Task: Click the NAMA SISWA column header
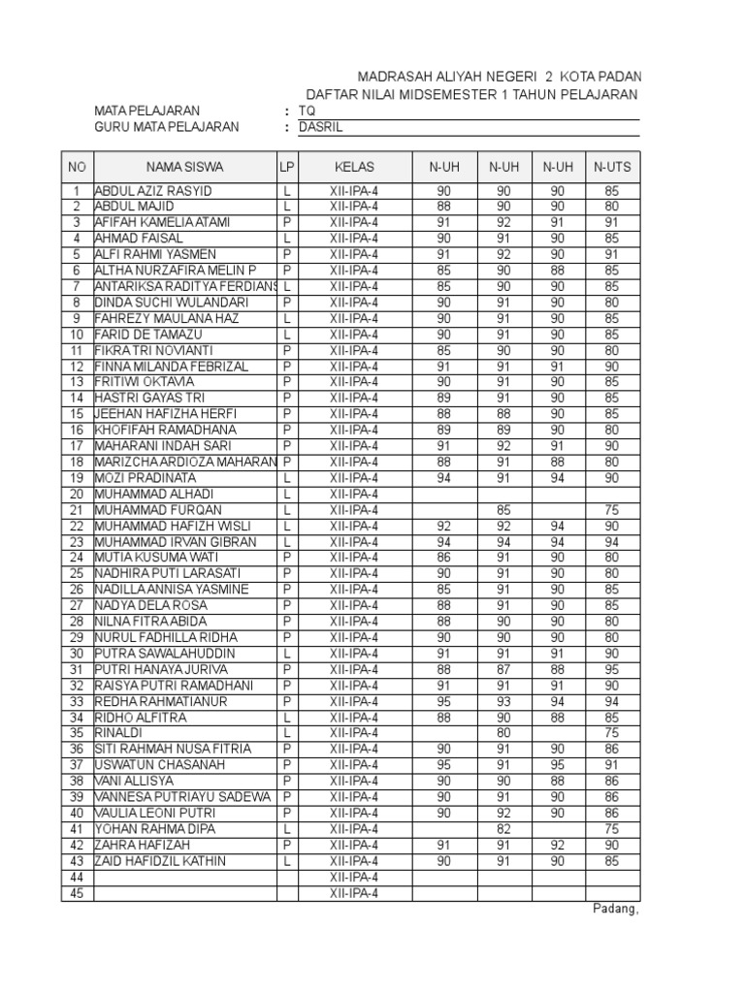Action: coord(184,167)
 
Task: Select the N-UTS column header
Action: coord(612,167)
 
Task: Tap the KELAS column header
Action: coord(354,167)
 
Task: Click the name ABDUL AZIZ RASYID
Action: coord(153,191)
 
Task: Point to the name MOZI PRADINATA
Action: coord(146,478)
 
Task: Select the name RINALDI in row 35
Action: coord(119,733)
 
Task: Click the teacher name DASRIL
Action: coord(321,127)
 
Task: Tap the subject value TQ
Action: coord(307,111)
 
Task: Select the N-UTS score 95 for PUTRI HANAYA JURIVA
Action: coord(611,669)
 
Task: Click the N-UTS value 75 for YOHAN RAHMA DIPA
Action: coord(611,829)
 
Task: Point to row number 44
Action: coord(76,877)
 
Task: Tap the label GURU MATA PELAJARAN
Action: coord(166,127)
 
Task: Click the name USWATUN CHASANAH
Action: coord(159,765)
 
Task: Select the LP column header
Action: coord(287,167)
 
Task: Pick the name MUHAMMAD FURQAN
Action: coord(158,510)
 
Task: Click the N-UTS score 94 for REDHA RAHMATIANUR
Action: coord(611,701)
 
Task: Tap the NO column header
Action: coord(76,167)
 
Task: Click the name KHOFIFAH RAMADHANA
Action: coord(165,430)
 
